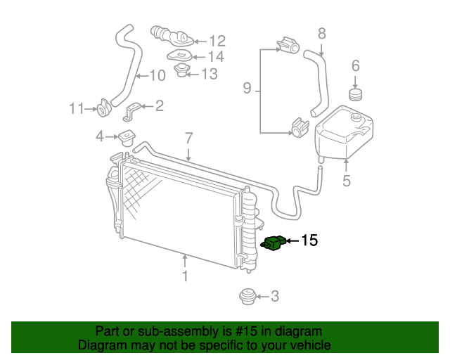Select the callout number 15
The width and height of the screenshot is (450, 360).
coord(309,241)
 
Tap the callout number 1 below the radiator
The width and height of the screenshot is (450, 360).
coord(185,276)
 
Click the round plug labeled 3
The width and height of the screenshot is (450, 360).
coord(247,297)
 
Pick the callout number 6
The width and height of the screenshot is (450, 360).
coord(355,66)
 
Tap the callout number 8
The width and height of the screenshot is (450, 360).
coord(321,33)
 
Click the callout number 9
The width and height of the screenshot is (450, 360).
coord(247,89)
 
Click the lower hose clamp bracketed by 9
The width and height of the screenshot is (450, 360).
coord(300,128)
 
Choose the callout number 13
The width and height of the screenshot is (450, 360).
coord(210,73)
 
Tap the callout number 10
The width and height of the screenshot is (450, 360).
coord(157,75)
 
